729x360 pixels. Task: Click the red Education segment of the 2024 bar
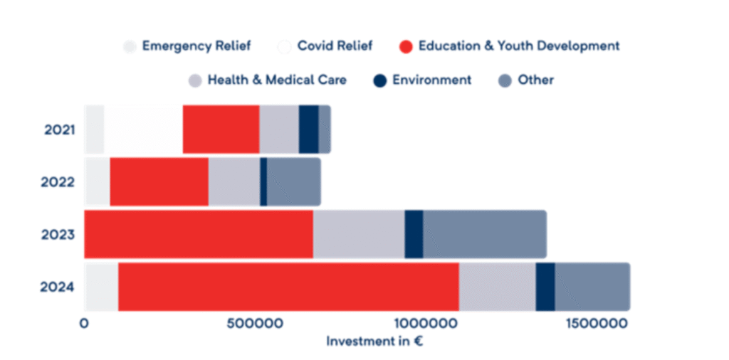click(288, 286)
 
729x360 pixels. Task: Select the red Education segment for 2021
click(221, 129)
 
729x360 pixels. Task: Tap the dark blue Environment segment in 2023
click(414, 234)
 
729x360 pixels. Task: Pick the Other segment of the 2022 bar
click(293, 181)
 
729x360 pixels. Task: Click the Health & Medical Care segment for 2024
click(497, 286)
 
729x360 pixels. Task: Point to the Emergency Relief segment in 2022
click(98, 181)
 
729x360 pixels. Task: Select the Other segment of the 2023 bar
click(484, 234)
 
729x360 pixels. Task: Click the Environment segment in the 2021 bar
click(308, 129)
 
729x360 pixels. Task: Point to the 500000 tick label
click(256, 323)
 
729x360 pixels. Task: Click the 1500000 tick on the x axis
click(596, 323)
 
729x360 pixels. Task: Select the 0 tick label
click(85, 323)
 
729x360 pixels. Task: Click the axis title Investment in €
click(374, 341)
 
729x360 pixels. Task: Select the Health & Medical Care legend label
click(277, 80)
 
